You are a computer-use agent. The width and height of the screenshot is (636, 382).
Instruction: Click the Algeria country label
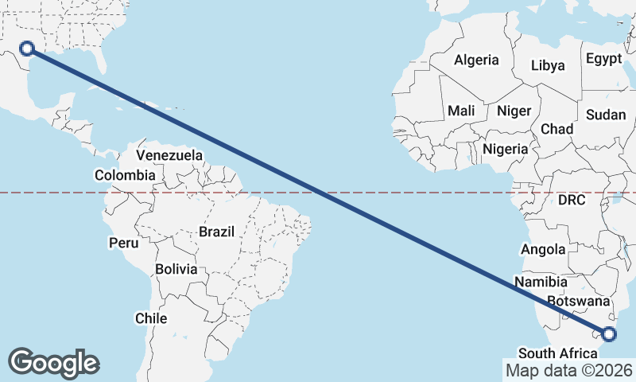tap(476, 60)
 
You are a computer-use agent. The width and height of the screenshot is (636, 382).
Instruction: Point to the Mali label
tap(461, 111)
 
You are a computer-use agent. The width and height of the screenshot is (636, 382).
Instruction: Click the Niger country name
tap(514, 111)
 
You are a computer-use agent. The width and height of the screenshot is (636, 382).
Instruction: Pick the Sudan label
tap(606, 115)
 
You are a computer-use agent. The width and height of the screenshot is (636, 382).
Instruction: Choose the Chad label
tap(556, 129)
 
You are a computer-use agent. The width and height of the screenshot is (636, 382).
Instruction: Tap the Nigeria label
tap(505, 149)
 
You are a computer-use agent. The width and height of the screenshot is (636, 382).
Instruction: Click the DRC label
tap(571, 201)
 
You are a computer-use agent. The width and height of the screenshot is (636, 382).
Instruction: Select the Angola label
tap(543, 250)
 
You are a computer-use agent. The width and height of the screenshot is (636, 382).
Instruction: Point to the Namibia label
tap(541, 282)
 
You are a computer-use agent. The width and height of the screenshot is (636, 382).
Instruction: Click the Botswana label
tap(579, 302)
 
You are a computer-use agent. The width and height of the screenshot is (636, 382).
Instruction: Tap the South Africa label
tap(556, 353)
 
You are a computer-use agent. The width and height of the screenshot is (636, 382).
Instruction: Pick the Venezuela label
tap(169, 155)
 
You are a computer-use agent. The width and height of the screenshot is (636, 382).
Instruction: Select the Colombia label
tap(125, 175)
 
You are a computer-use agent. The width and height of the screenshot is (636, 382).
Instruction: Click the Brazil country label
tap(216, 232)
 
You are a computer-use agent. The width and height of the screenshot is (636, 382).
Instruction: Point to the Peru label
tap(123, 241)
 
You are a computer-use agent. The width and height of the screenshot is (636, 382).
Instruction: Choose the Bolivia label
tap(176, 269)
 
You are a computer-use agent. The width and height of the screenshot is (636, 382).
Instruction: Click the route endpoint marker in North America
tap(27, 49)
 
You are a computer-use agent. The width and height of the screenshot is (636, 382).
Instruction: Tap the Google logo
tap(54, 363)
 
